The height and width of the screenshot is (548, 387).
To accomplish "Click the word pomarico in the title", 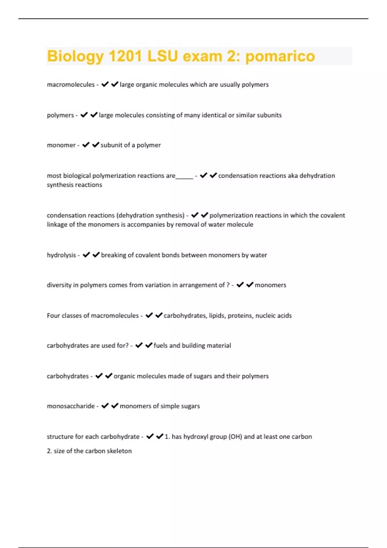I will pyautogui.click(x=280, y=56).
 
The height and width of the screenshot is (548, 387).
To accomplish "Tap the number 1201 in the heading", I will pyautogui.click(x=125, y=56).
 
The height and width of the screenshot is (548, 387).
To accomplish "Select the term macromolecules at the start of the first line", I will pyautogui.click(x=71, y=84).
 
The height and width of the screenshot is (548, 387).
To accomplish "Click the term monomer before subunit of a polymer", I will pyautogui.click(x=61, y=145).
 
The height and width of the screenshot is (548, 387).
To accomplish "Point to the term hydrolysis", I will pyautogui.click(x=61, y=255).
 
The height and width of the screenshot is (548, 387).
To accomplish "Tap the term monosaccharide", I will pyautogui.click(x=71, y=406).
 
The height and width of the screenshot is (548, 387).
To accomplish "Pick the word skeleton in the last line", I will pyautogui.click(x=119, y=451).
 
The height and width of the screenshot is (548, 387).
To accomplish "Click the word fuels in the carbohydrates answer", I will pyautogui.click(x=160, y=346).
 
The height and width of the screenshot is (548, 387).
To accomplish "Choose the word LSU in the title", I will pyautogui.click(x=163, y=56).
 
